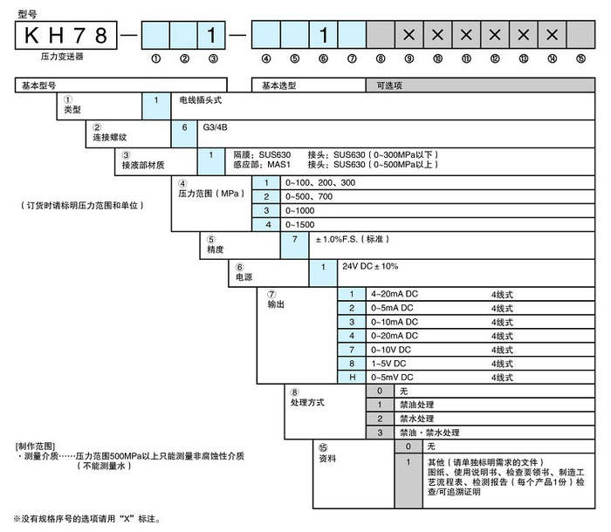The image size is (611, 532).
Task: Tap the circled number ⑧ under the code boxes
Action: (381, 59)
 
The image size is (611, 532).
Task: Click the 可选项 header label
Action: (389, 85)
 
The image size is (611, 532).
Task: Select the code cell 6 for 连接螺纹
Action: (184, 127)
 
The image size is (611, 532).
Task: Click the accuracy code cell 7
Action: (296, 239)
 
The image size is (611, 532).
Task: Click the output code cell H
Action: (352, 378)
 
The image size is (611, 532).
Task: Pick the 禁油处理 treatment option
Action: (418, 404)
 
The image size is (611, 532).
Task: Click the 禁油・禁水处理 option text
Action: (429, 433)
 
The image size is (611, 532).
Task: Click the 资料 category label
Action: (327, 456)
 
